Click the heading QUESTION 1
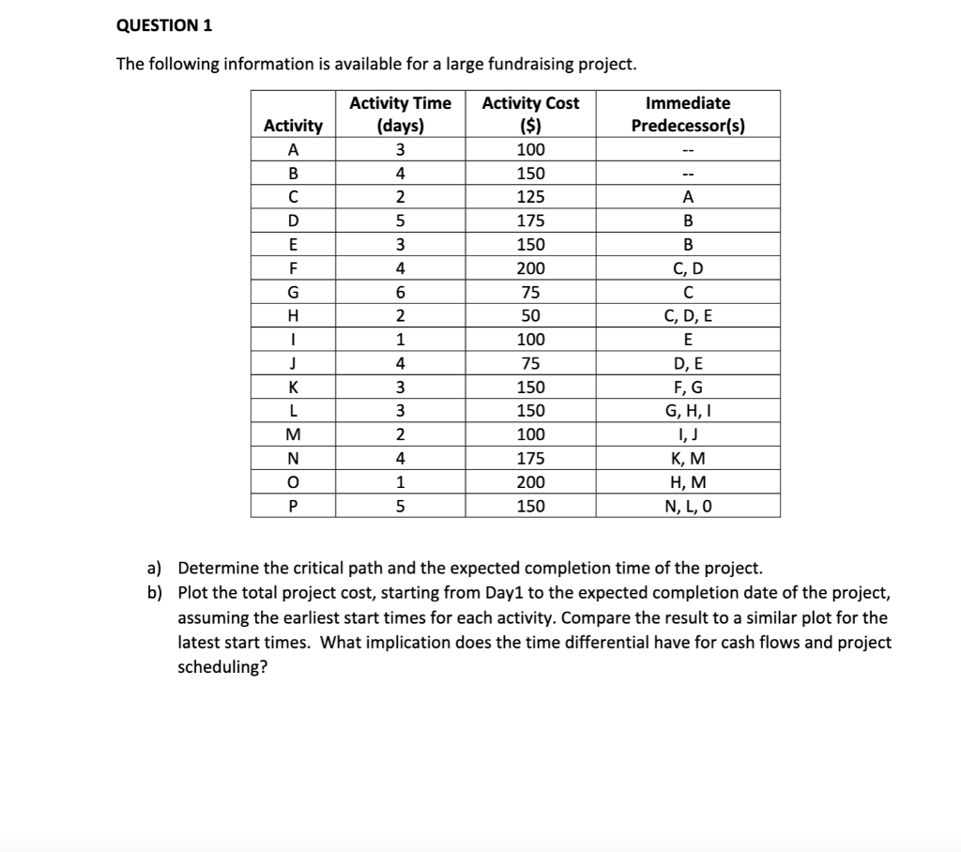tap(164, 25)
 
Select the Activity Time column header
tap(400, 114)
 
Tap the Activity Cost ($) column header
tap(530, 114)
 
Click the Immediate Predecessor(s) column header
tap(688, 114)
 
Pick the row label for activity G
tap(294, 292)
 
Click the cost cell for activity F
tap(530, 268)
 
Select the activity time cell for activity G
tap(400, 292)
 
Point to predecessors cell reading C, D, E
tap(688, 316)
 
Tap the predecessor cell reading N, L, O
tap(688, 507)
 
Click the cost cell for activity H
tap(530, 316)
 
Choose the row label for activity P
tap(294, 507)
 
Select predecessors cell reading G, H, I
tap(688, 411)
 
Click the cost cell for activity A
tap(530, 150)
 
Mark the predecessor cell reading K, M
tap(688, 459)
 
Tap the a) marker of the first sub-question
tap(154, 569)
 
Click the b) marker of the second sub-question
tap(154, 593)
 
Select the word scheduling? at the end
tap(222, 668)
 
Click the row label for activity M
tap(294, 435)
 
